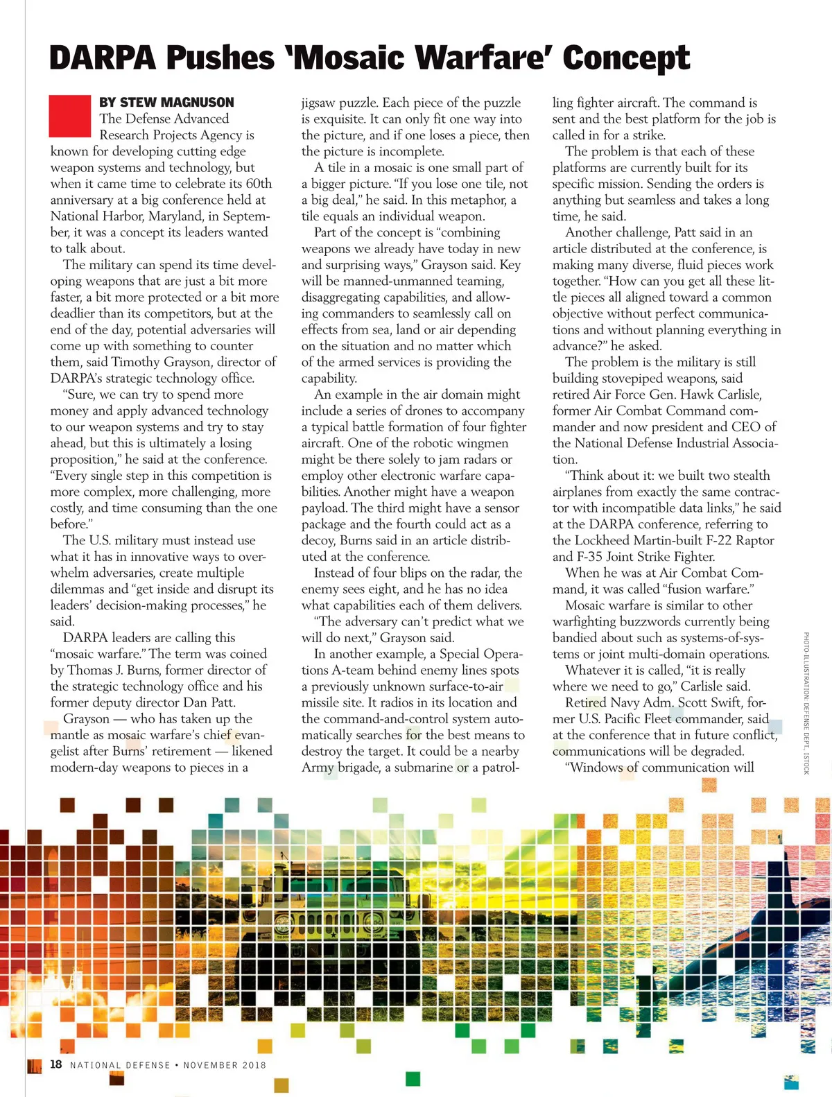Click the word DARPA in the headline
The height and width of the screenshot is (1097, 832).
(x=103, y=58)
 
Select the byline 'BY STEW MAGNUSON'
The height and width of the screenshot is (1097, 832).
(x=166, y=103)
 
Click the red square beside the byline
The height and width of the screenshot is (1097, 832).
(x=70, y=116)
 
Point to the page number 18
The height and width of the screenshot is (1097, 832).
(x=56, y=1064)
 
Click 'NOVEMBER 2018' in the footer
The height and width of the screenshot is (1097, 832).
(x=225, y=1065)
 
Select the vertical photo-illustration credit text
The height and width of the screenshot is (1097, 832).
(x=806, y=703)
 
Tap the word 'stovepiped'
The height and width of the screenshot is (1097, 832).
(x=645, y=379)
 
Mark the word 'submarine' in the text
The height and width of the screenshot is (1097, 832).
(x=424, y=768)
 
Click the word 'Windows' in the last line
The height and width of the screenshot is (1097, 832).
(x=596, y=768)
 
